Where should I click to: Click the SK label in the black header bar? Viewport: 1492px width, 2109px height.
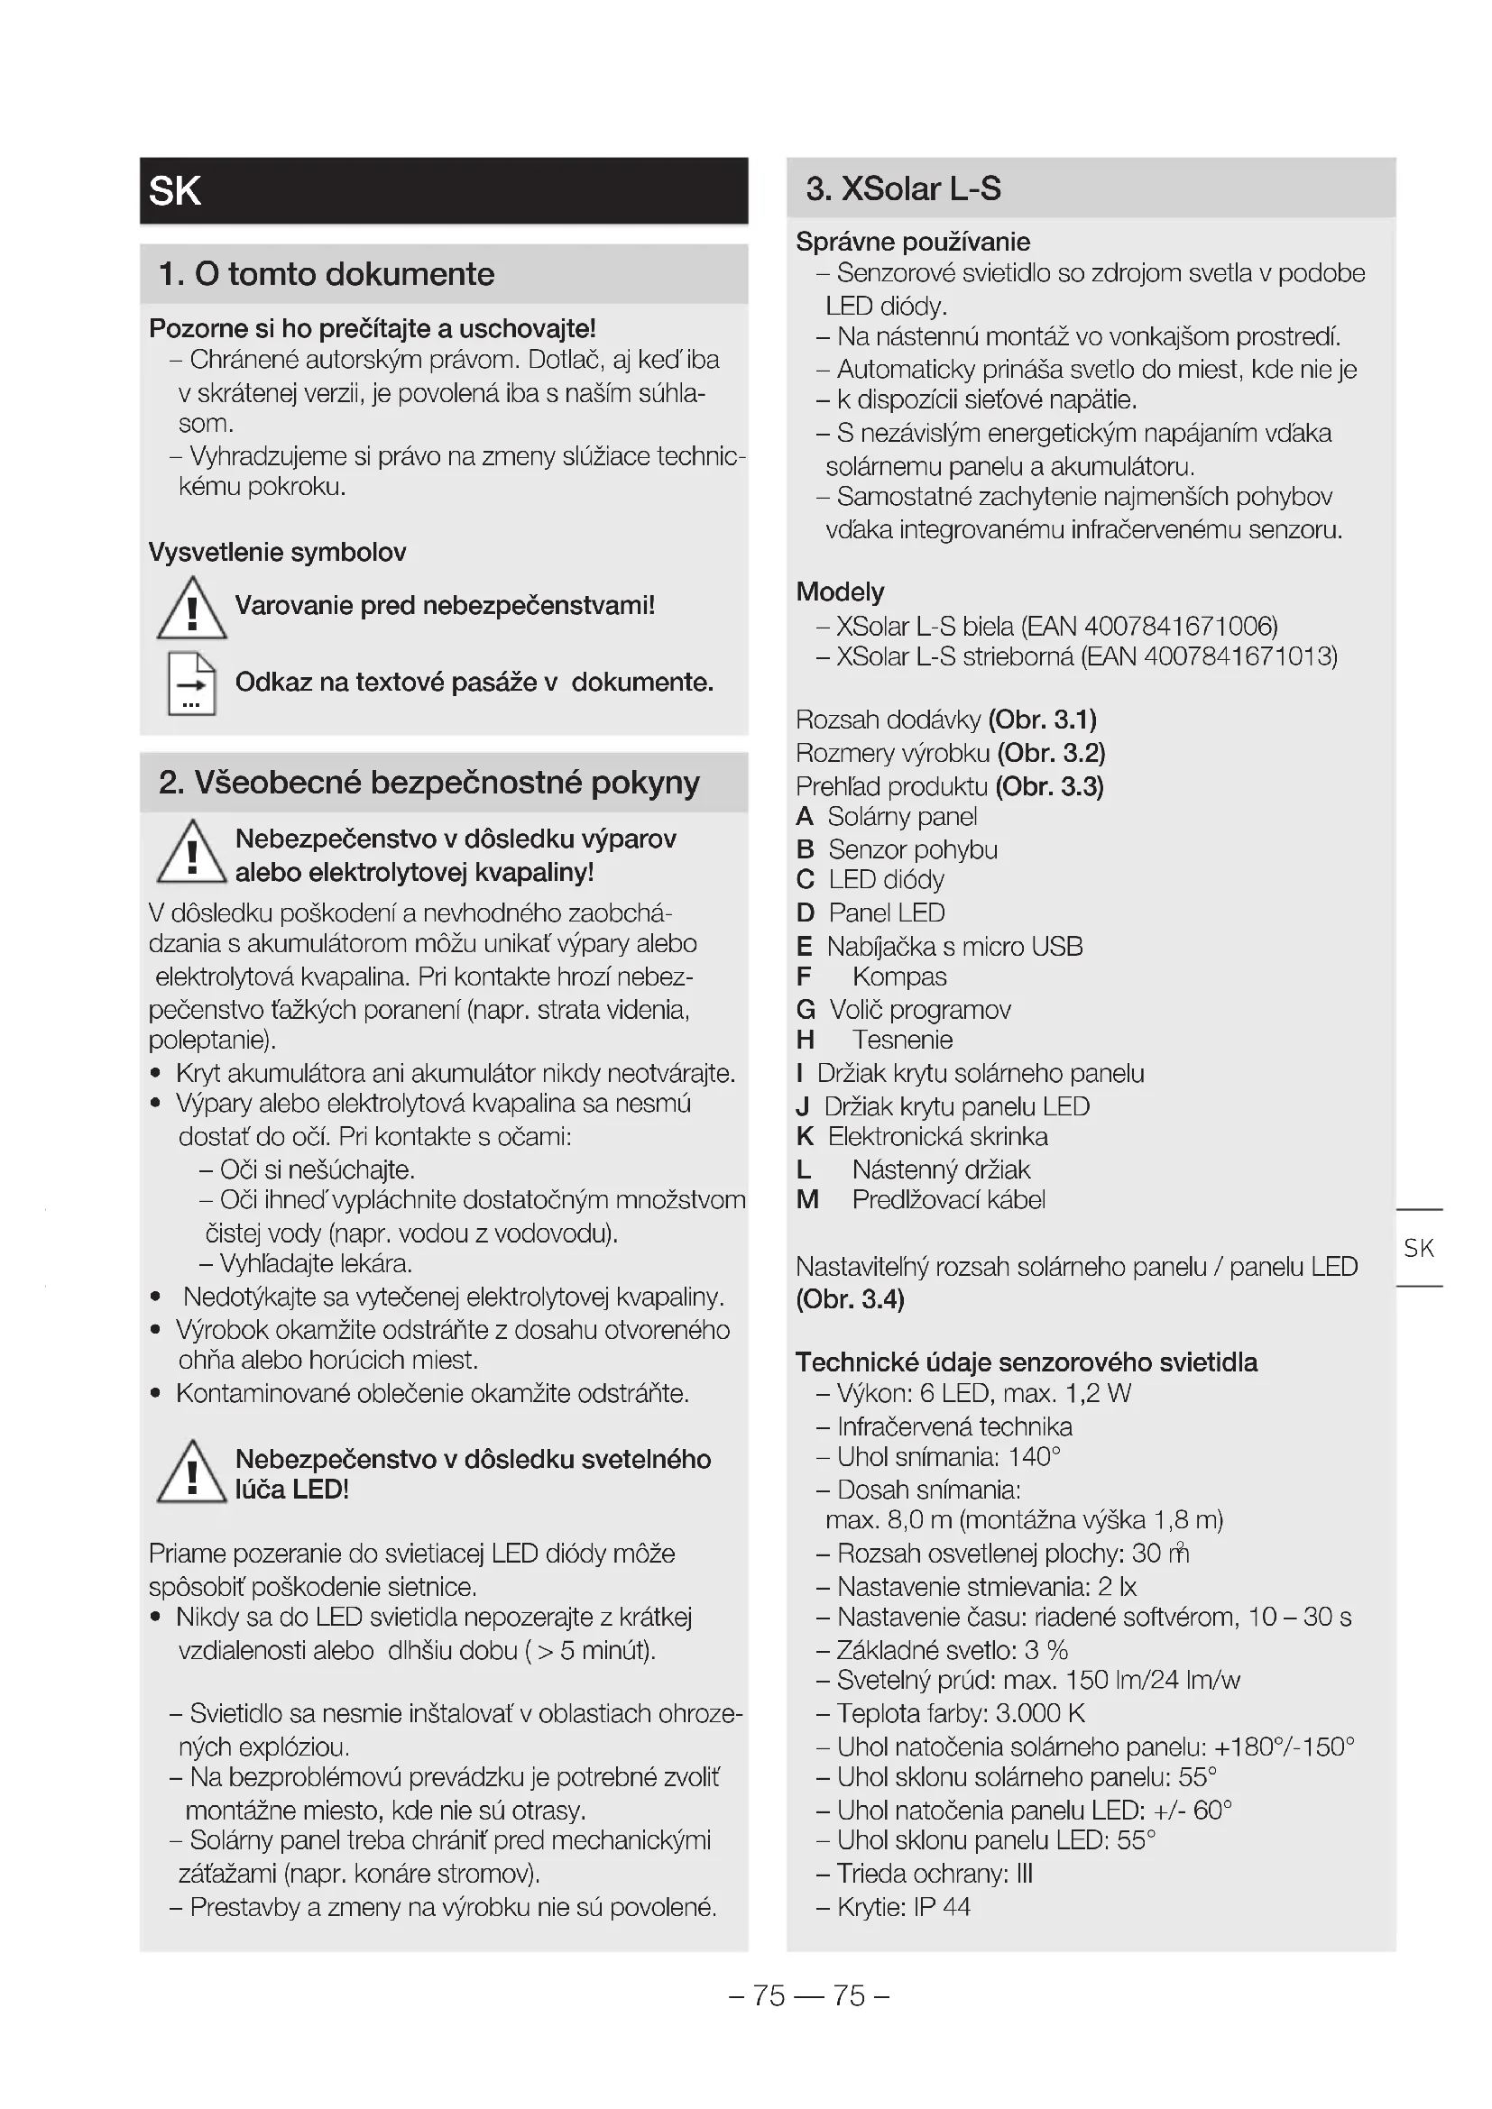point(175,191)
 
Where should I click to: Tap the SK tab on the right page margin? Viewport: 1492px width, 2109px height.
point(1419,1247)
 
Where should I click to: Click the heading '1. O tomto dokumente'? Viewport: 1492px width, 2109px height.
point(327,274)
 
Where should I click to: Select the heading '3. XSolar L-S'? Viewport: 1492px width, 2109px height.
point(902,188)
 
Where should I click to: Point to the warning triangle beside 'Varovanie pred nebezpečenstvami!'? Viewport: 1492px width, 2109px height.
point(191,609)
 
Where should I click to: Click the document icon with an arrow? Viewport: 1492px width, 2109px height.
point(191,683)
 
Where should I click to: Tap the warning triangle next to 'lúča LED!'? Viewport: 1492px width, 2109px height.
point(191,1472)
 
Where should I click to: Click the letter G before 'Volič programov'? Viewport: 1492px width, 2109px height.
point(806,1011)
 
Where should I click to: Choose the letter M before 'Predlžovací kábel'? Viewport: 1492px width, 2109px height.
point(807,1199)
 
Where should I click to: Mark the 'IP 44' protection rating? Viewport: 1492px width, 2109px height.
point(942,1907)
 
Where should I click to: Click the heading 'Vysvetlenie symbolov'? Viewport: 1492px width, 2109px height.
point(278,552)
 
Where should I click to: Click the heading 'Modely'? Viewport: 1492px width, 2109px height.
point(840,591)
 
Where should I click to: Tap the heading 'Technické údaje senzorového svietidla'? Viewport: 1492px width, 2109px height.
point(1027,1362)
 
